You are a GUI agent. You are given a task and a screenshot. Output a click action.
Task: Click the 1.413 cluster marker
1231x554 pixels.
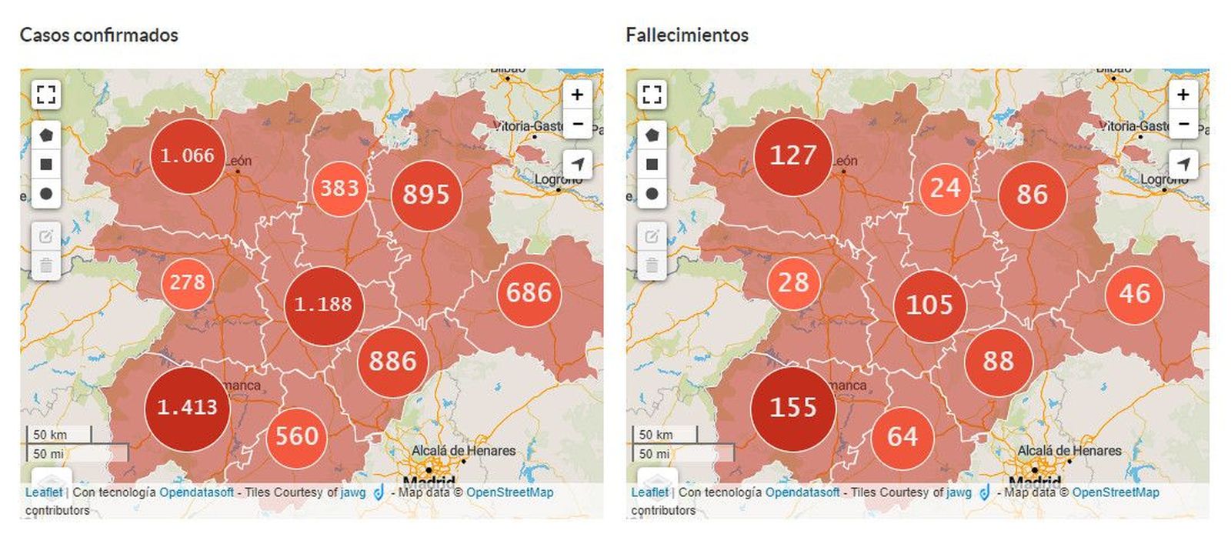coord(187,408)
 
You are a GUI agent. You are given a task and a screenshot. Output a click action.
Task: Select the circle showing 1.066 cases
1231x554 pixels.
coord(187,156)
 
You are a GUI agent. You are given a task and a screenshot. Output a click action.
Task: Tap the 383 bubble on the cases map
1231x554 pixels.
coord(339,189)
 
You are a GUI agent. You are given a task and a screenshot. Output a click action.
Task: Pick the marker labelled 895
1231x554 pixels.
coord(426,194)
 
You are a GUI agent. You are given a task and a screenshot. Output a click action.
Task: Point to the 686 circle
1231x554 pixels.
coord(529,293)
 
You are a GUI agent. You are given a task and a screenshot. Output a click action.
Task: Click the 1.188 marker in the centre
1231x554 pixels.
coord(323,305)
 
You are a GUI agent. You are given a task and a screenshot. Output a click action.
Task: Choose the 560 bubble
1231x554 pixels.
coord(297,437)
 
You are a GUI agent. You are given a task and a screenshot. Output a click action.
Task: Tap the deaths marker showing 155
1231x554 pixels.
coord(793,408)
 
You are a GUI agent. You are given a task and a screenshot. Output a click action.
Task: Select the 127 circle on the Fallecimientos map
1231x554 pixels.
coord(793,156)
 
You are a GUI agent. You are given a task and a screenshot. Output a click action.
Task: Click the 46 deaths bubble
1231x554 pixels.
coord(1135,294)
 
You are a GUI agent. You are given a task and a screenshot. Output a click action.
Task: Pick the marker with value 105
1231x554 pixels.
coord(929,305)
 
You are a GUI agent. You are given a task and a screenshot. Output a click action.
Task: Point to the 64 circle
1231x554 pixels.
coord(902,437)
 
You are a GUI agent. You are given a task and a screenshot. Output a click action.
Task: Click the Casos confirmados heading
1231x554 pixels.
coord(98,35)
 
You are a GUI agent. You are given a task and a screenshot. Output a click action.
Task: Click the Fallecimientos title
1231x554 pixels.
coord(687,35)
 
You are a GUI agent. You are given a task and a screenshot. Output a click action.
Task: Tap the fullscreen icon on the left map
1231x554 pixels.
coord(46,95)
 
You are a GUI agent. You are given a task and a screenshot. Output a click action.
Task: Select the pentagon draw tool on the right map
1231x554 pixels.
coord(652,135)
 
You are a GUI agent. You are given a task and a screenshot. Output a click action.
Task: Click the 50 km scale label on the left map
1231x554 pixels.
coord(51,435)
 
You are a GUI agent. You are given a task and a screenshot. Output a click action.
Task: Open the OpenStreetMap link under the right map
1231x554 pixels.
coord(1116,492)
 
